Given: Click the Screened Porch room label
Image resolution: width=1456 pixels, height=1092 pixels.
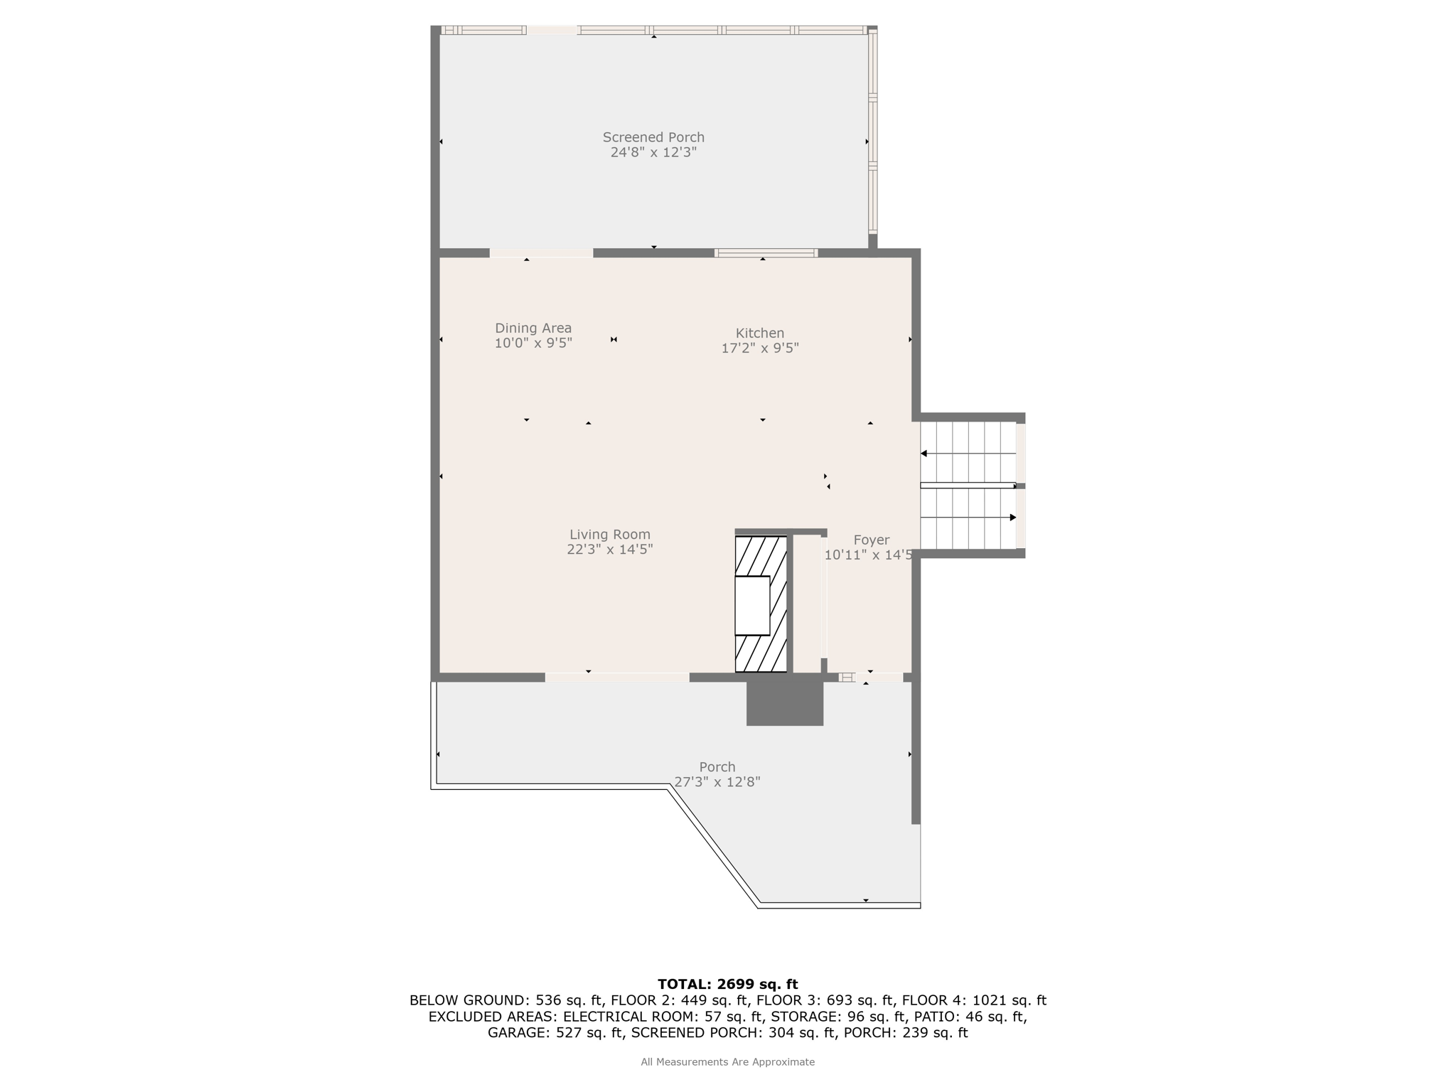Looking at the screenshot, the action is point(653,137).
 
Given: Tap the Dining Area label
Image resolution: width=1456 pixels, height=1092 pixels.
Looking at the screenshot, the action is point(533,328).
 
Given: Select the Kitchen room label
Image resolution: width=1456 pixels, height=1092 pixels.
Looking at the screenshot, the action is point(760,333).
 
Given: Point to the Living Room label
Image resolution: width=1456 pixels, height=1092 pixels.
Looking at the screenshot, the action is point(610,535).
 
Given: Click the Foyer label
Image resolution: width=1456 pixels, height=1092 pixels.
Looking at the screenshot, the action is point(872,540).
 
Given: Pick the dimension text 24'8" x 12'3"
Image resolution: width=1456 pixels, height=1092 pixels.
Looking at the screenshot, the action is point(653,152).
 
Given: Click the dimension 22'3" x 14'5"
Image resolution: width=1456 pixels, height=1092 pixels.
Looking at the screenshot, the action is point(610,550).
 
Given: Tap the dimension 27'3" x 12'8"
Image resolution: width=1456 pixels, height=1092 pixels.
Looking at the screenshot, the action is point(717,782).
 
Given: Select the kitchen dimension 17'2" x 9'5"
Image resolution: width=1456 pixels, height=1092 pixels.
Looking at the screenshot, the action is point(760,348).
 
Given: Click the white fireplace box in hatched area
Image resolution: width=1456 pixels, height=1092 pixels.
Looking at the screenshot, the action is point(752,605).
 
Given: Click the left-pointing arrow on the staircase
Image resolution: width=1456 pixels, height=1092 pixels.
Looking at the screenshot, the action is point(968,454).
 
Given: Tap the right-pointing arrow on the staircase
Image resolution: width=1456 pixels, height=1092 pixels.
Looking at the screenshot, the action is point(968,518).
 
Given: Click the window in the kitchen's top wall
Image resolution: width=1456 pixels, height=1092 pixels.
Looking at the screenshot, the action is point(766,253).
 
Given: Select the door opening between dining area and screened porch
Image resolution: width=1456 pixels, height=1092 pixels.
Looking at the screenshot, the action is point(541,253).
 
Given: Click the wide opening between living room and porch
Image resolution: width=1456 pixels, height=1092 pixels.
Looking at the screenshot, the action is point(617,678).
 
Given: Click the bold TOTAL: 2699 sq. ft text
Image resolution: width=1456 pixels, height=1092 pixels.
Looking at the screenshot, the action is point(728,985).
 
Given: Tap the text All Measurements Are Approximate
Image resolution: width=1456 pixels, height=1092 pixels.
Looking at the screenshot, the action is point(728,1062).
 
